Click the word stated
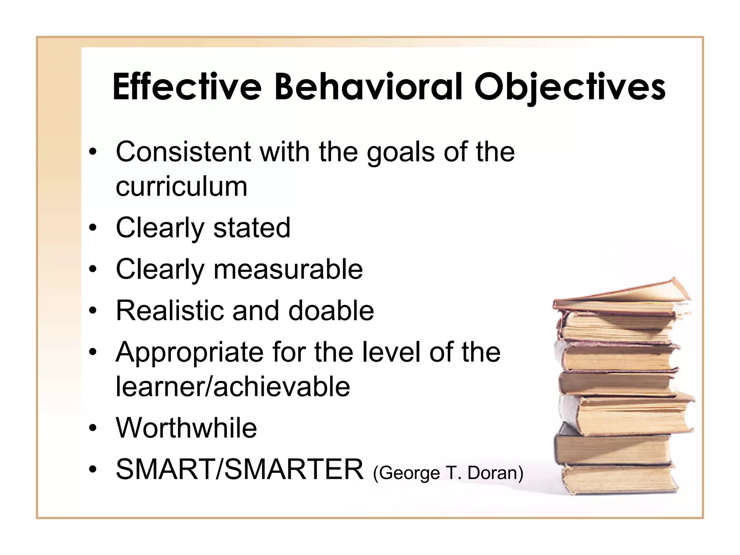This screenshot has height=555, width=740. [x=252, y=228]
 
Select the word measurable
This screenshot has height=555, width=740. [x=288, y=269]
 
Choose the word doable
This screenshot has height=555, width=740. [x=331, y=310]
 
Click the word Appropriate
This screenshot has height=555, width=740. [x=189, y=353]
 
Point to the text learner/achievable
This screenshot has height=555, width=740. [x=233, y=386]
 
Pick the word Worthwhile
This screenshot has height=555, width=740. [x=186, y=428]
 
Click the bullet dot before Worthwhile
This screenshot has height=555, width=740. [x=93, y=428]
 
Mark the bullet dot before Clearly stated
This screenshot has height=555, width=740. [x=93, y=228]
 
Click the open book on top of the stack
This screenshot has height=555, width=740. [x=621, y=294]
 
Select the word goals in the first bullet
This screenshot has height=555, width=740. [x=400, y=152]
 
